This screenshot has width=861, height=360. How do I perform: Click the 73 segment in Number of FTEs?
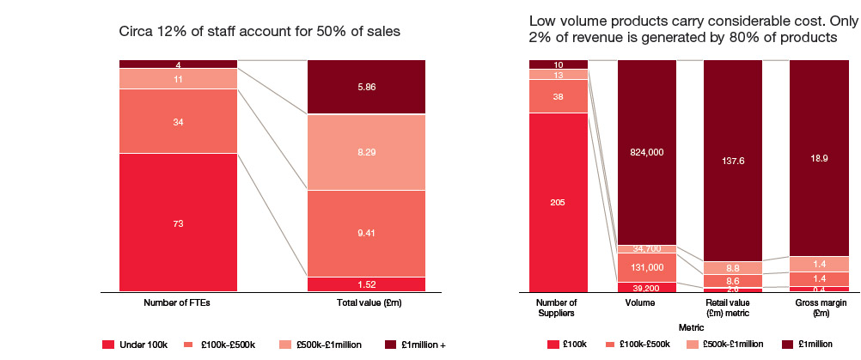(x=178, y=223)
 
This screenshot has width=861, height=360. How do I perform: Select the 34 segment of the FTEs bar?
(x=178, y=121)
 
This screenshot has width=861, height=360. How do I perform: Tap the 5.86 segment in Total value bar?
(x=367, y=87)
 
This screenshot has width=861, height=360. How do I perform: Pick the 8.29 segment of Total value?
(x=367, y=152)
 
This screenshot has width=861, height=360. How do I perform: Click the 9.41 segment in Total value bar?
(x=367, y=233)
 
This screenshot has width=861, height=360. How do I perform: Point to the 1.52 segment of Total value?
(x=367, y=284)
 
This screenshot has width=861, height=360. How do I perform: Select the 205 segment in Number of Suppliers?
(x=559, y=203)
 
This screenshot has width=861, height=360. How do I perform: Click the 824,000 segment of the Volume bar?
(x=646, y=152)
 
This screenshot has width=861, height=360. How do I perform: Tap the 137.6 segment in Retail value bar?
(x=733, y=160)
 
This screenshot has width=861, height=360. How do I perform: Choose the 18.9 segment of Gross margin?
(x=820, y=158)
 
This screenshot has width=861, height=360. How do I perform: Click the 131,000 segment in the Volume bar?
(x=646, y=267)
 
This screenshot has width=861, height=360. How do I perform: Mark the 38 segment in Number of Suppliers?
(x=559, y=96)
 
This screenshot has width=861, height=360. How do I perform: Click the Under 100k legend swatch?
(x=108, y=345)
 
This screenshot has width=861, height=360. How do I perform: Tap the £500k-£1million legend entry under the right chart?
(x=724, y=345)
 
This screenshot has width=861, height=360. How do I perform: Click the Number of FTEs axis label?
(x=178, y=303)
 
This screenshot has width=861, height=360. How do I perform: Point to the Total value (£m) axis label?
(x=367, y=303)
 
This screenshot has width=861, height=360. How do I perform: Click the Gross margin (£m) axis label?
(x=820, y=308)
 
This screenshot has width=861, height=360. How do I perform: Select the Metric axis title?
(x=689, y=326)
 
